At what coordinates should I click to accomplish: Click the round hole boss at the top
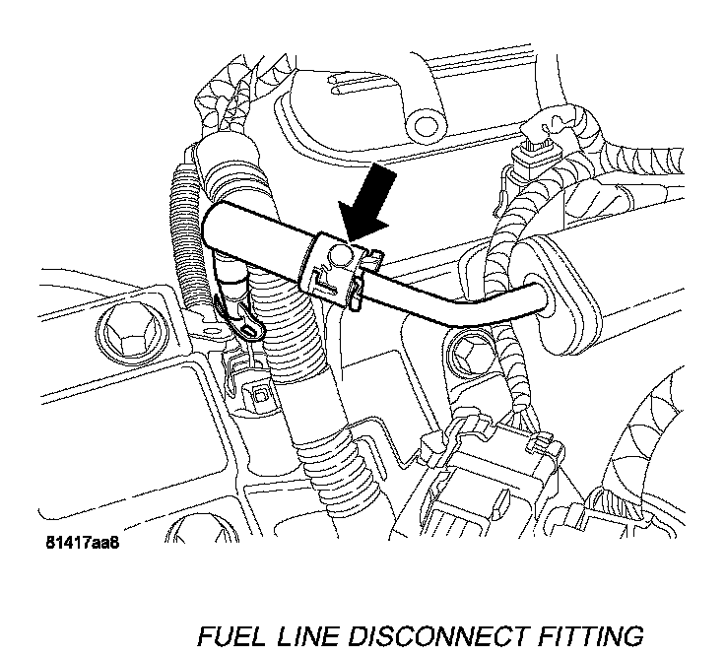point(426,124)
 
